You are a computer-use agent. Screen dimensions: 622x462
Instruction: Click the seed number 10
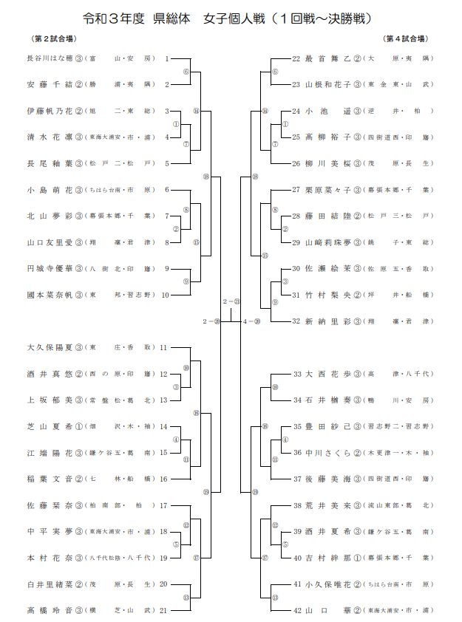tap(165, 295)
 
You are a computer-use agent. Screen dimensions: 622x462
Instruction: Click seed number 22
tap(296, 58)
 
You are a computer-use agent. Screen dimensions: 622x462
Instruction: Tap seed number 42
tap(296, 611)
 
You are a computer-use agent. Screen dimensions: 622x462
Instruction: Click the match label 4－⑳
tap(251, 321)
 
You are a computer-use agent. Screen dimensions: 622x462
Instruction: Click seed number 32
tap(296, 321)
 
